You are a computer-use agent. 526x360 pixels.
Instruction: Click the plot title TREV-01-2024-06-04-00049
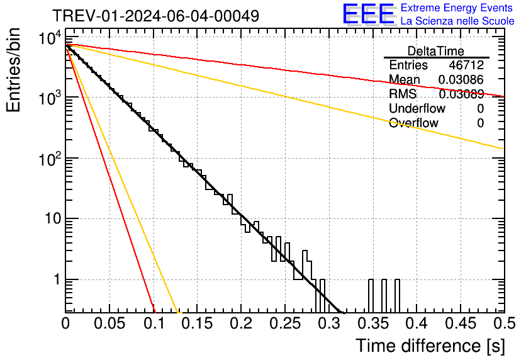pos(155,16)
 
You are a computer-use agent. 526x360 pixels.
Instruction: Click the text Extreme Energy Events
pos(457,8)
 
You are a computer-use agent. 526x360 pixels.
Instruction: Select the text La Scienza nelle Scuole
pos(457,21)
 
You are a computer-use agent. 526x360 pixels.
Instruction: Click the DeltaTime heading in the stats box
pos(436,51)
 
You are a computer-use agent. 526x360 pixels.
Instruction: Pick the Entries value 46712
pos(466,65)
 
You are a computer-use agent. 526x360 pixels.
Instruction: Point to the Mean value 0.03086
pos(461,80)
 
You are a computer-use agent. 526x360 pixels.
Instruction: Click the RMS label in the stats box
pos(403,94)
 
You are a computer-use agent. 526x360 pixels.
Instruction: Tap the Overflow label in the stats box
pos(413,123)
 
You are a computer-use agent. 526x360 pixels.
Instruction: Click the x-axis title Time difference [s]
pos(429,346)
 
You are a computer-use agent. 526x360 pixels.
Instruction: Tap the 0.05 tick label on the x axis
pos(109,323)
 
